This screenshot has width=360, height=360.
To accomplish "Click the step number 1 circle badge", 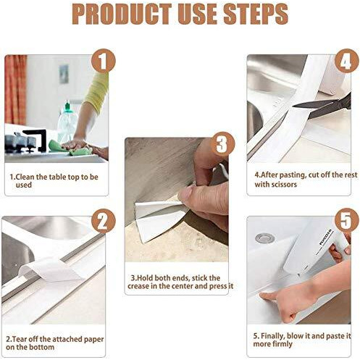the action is (104, 61).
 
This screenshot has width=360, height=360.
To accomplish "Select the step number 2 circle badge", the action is (104, 221).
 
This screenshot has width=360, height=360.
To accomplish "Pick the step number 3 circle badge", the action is (222, 144).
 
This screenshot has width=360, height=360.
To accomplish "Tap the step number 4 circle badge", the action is (347, 61).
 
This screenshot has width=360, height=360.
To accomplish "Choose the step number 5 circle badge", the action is (347, 220).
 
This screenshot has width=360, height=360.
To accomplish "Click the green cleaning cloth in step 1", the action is (70, 148).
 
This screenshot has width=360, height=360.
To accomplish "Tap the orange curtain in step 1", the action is (15, 90).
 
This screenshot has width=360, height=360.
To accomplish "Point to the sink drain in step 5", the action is (265, 238).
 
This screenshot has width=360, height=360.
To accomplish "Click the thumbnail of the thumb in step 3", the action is (185, 194).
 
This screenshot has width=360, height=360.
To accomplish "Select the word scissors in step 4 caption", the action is (284, 185).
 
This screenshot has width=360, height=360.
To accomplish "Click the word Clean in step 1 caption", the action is (25, 177).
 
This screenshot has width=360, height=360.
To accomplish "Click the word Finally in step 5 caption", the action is (273, 336).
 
